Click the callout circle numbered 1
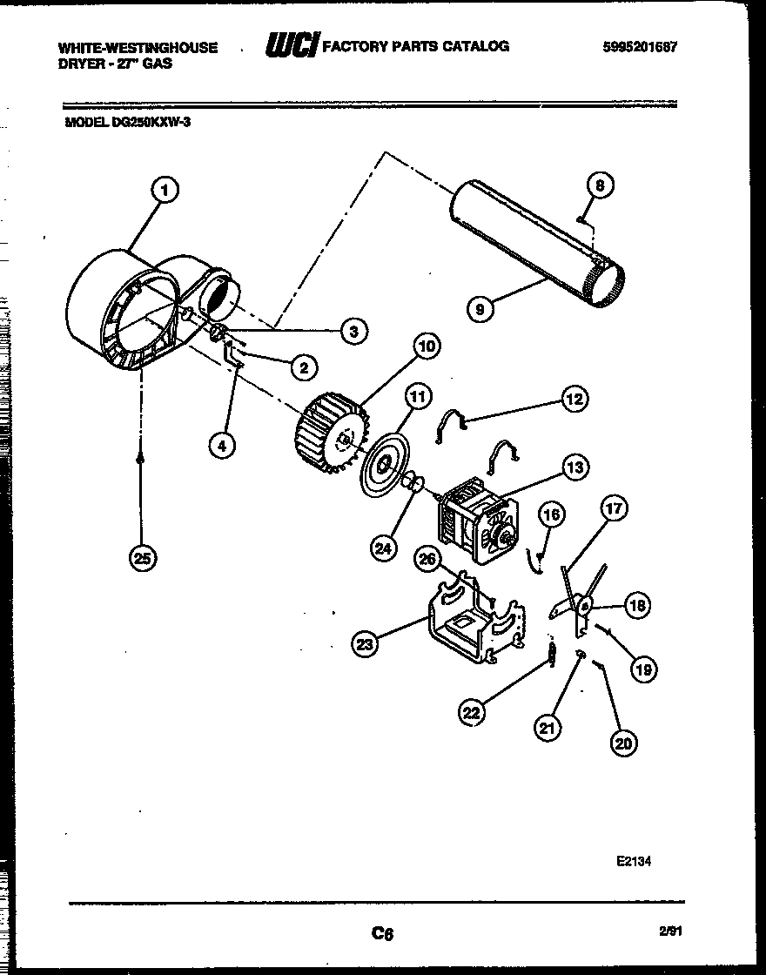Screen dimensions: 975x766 (x=165, y=190)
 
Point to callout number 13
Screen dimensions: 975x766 (x=575, y=467)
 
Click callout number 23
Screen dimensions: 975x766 (x=366, y=643)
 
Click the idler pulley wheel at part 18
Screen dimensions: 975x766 (x=585, y=604)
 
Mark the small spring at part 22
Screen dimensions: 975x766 (x=551, y=653)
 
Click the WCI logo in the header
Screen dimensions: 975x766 (x=292, y=46)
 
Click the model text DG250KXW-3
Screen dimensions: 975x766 (x=128, y=123)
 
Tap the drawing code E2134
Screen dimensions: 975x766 (x=634, y=860)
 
